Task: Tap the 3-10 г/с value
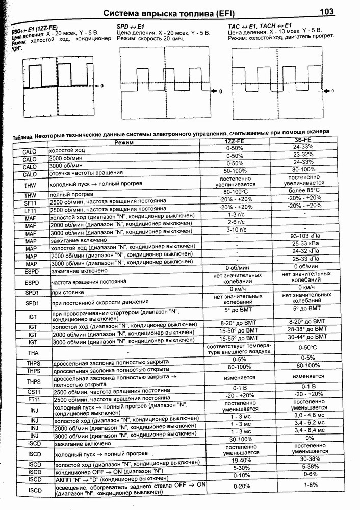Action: (237, 230)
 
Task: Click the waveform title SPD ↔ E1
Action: (132, 25)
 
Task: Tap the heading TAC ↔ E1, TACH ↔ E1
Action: (260, 25)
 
